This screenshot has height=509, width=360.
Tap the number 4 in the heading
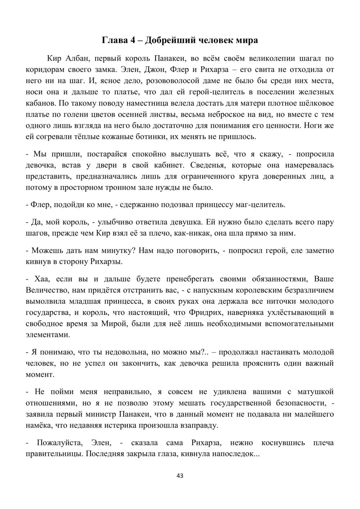(132, 40)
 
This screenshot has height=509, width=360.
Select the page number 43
(180, 476)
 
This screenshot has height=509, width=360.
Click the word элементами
(48, 334)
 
